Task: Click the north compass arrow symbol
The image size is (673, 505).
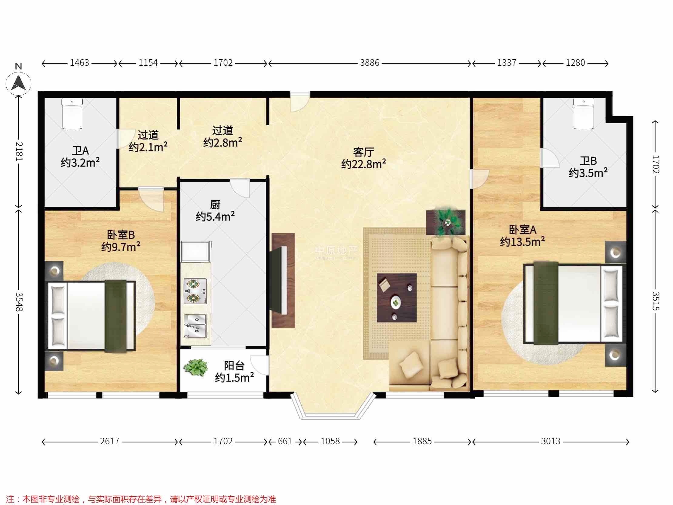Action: tap(18, 83)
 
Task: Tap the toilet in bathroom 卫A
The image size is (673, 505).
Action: tap(72, 113)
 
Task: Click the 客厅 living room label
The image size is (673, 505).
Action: tap(363, 152)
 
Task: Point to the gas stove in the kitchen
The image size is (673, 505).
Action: tap(195, 291)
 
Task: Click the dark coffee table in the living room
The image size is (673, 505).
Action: tap(397, 298)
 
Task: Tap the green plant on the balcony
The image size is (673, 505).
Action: tap(196, 368)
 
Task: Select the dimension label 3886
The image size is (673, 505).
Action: tap(370, 63)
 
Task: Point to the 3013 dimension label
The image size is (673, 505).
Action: tap(551, 441)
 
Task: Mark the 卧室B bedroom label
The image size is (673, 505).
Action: tap(121, 235)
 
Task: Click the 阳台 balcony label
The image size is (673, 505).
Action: tap(234, 365)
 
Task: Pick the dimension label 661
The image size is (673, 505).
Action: tap(285, 441)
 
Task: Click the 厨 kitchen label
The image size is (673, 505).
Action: tap(215, 204)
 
